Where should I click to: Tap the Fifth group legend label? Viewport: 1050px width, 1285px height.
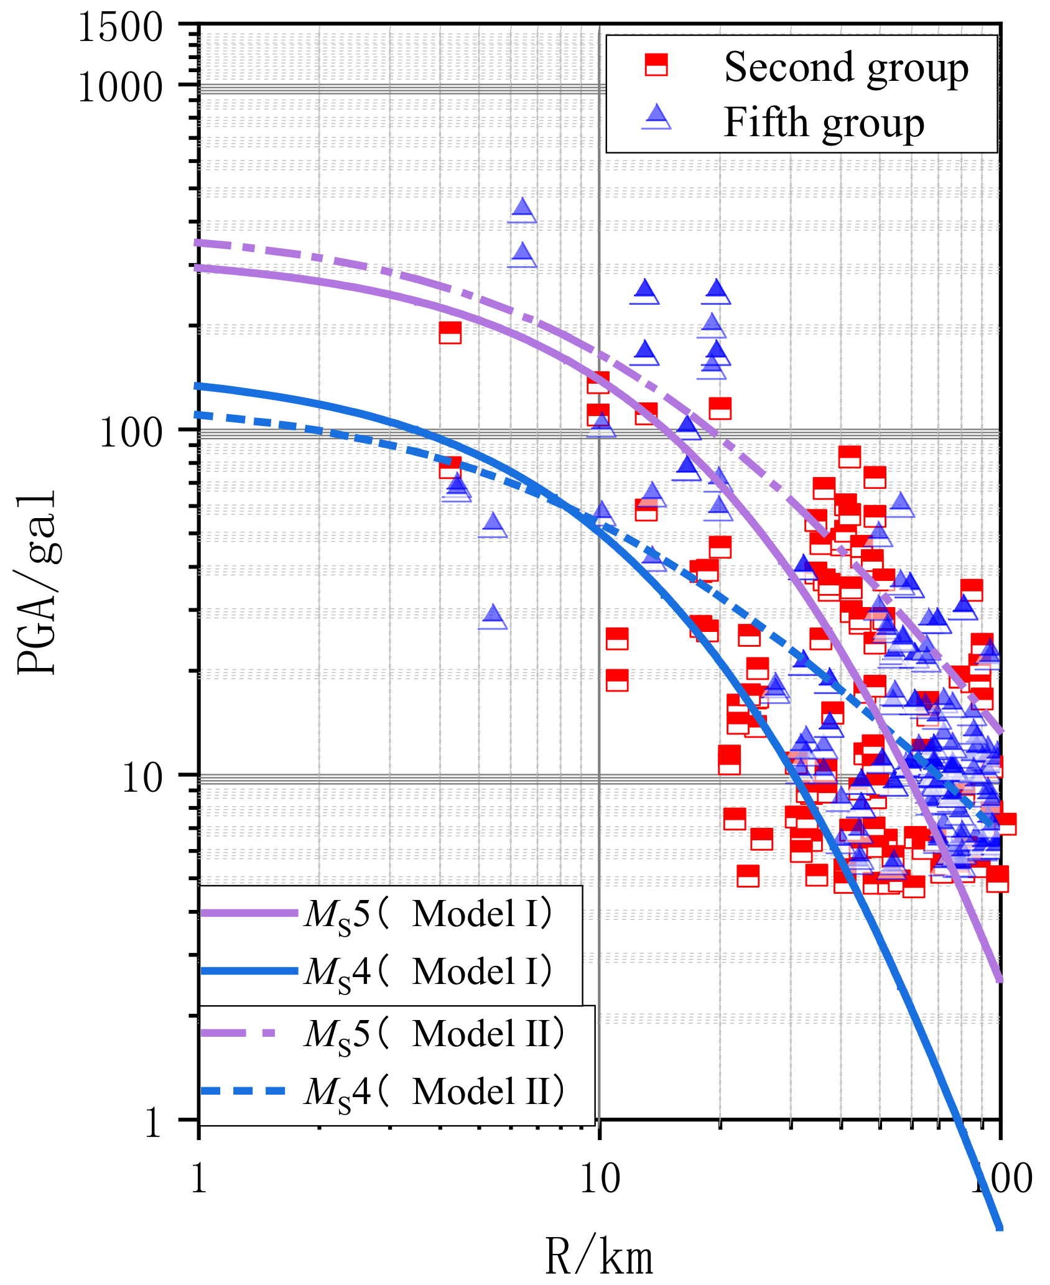coord(824,123)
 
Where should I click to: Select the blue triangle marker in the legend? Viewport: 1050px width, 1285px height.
coord(656,116)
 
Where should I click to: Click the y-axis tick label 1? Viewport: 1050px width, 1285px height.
coord(153,1123)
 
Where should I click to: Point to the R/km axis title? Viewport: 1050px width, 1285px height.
coord(599,1256)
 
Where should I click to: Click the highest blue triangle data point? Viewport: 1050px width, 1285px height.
coord(523,210)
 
